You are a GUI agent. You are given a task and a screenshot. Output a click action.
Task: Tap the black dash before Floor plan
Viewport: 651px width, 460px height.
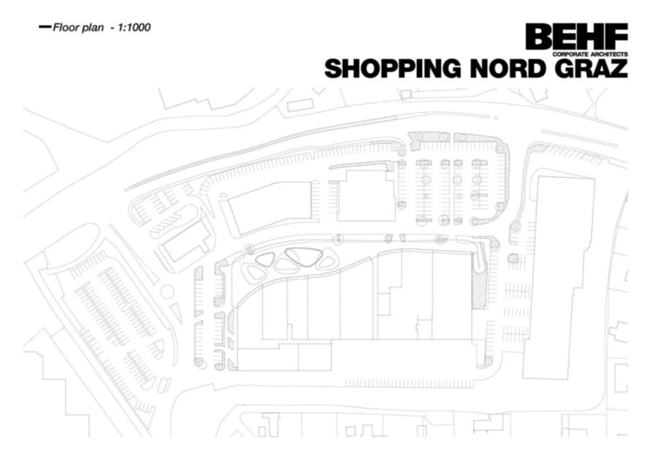click(44, 28)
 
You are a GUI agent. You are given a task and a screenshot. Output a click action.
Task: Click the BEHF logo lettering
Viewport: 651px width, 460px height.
click(575, 36)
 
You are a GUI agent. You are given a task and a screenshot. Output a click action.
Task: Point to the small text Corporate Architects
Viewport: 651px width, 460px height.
click(589, 54)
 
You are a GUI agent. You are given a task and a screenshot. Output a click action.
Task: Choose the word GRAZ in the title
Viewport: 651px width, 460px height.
click(595, 69)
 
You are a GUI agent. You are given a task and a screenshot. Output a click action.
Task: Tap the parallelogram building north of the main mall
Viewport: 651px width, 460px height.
click(269, 207)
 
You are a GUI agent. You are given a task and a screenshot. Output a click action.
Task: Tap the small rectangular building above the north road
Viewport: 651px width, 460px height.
click(299, 105)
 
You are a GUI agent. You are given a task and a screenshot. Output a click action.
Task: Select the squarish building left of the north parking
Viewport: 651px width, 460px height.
click(365, 195)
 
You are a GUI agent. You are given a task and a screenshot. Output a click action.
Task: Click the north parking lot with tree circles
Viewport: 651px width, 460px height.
click(451, 182)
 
